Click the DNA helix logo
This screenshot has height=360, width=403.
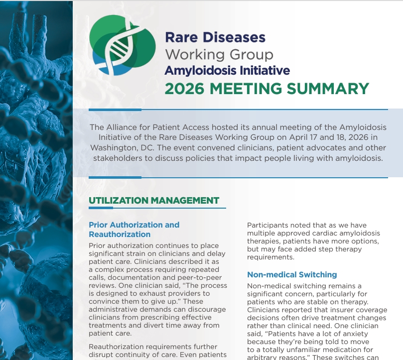[x=123, y=45]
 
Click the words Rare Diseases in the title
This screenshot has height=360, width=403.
[x=215, y=37]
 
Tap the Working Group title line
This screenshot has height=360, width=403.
[x=219, y=54]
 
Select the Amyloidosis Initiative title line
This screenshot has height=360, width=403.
[x=227, y=70]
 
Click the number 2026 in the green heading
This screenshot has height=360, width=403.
[x=184, y=89]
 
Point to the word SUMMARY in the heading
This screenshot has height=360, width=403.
[x=328, y=89]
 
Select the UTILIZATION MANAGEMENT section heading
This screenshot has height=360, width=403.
[x=154, y=201]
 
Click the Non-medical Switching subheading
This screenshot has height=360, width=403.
[x=292, y=274]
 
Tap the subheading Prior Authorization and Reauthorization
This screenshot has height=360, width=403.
[x=134, y=230]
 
